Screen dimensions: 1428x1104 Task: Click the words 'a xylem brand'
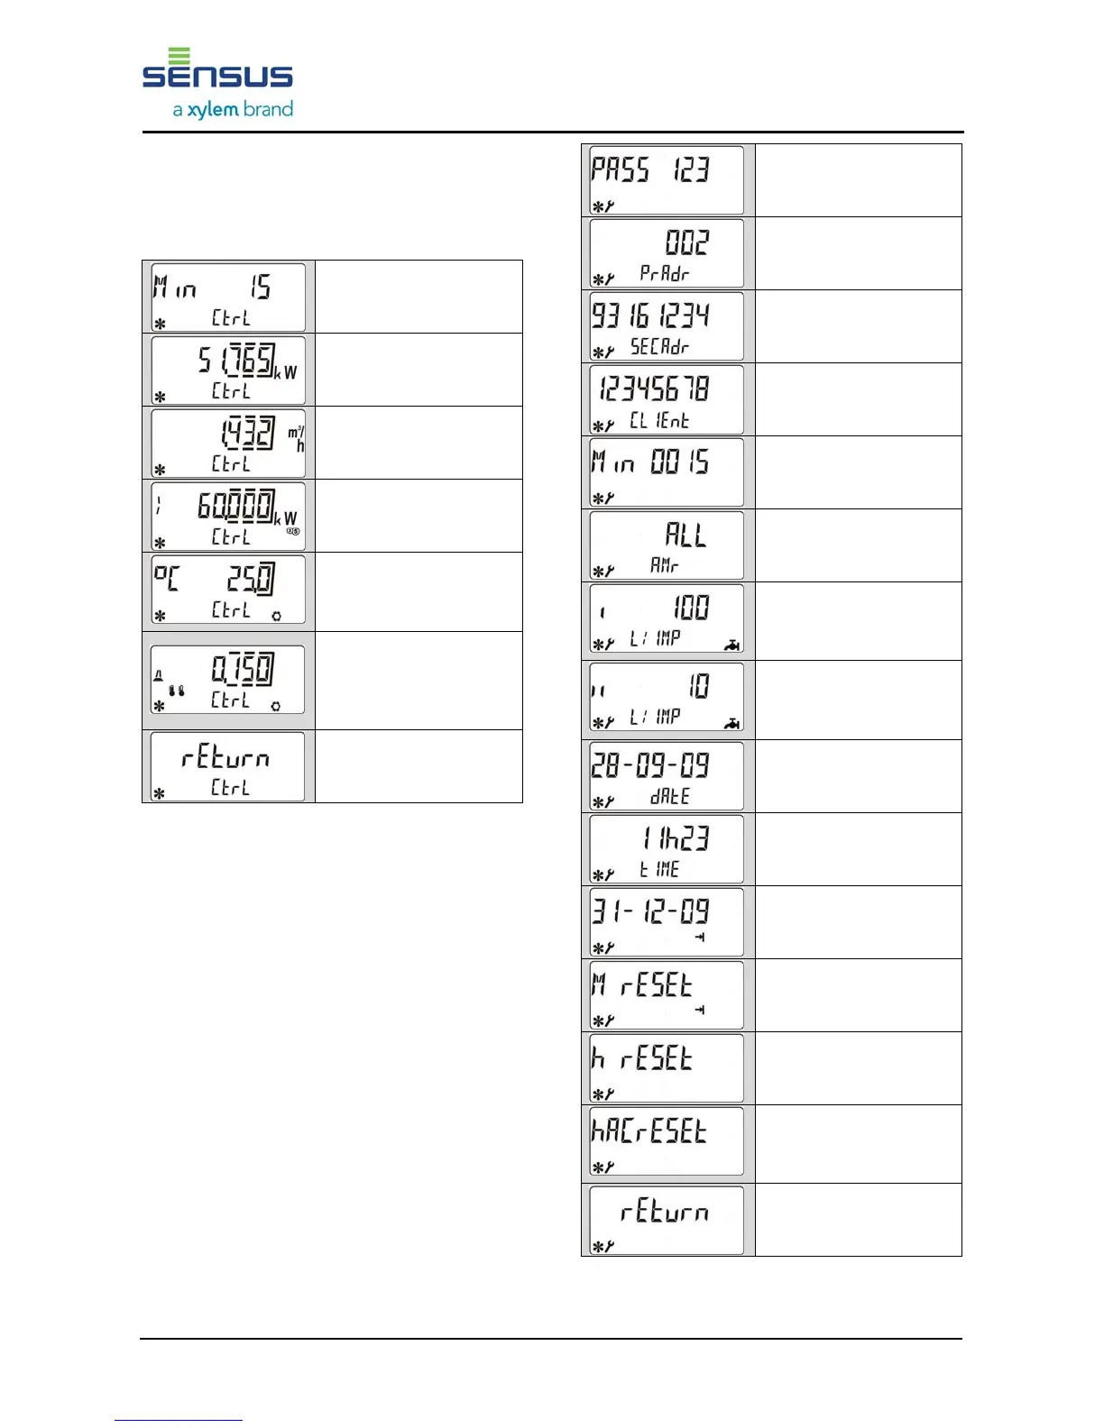click(233, 110)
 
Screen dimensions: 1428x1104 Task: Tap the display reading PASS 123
click(667, 180)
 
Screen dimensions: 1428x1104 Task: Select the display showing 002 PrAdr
click(667, 253)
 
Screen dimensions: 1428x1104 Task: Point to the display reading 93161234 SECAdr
click(667, 326)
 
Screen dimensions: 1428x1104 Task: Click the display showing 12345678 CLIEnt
click(667, 399)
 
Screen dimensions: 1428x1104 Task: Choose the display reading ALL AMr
click(667, 545)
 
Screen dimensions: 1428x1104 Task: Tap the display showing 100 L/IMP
click(667, 619)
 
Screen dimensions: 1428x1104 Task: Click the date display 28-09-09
click(667, 776)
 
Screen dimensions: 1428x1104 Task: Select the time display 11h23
click(667, 849)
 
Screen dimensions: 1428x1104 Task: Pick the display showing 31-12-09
click(667, 922)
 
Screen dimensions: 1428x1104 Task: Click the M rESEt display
click(667, 995)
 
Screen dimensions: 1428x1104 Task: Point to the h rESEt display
click(667, 1068)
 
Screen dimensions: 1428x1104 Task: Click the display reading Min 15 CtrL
click(228, 297)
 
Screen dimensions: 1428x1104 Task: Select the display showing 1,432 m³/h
click(228, 443)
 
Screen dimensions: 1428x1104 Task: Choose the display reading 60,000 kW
click(228, 516)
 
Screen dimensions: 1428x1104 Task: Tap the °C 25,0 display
click(228, 590)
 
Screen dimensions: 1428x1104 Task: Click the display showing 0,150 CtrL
click(228, 680)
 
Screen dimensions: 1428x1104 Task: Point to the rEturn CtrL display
click(228, 766)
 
